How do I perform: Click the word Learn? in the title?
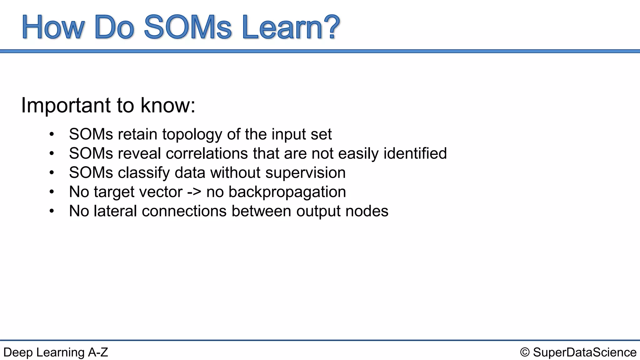point(291,27)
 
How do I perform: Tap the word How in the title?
point(52,27)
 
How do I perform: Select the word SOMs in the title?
point(187,27)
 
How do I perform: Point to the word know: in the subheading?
point(168,105)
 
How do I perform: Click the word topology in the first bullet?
point(192,134)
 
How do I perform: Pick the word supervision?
point(305,173)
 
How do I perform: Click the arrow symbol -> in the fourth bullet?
point(194,192)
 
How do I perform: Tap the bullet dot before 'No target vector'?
point(52,192)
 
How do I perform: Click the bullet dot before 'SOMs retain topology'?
point(52,134)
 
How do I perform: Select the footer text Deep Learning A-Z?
point(56,352)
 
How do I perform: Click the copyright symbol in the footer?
point(525,352)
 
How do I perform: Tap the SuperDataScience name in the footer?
point(584,352)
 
